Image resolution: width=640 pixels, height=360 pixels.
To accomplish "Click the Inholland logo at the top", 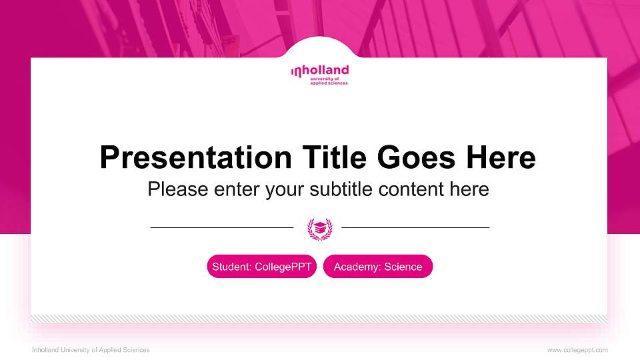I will point(319,74).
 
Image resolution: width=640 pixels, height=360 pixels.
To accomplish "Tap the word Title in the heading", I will point(334,158).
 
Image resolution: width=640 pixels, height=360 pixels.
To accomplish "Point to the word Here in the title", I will point(501,158).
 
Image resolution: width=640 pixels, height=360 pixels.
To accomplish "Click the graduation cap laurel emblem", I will point(319,228).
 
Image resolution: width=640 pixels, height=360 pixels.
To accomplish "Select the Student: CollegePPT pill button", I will point(261,267).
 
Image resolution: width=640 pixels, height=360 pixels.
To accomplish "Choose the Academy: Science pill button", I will point(378,267).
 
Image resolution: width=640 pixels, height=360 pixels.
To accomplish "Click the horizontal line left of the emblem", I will point(222,228).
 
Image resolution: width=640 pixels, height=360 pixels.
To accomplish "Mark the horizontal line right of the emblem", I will point(415,228).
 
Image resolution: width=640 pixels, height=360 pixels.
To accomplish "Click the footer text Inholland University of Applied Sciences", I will point(91,350).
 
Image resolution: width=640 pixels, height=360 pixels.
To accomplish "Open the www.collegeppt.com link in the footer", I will point(577,350).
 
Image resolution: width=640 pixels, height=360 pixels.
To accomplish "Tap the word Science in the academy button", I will point(403,267).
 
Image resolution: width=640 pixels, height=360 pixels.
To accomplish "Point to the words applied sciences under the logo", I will point(329,83).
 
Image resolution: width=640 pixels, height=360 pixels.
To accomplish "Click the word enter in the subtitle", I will point(237,189).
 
